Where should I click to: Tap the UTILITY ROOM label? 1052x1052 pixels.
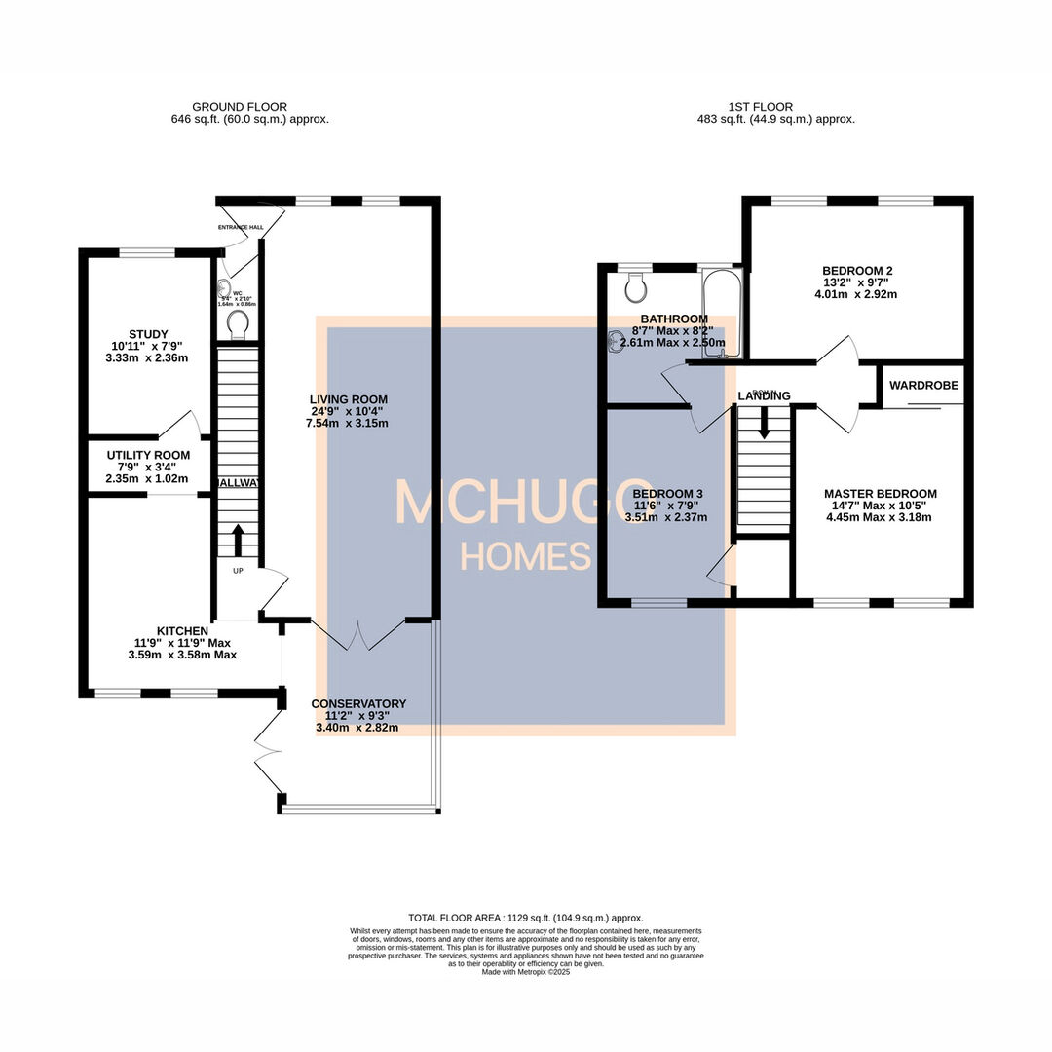(147, 455)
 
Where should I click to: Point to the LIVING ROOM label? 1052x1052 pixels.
(349, 399)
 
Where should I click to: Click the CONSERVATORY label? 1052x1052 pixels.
(358, 703)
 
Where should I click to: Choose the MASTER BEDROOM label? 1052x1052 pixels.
(880, 494)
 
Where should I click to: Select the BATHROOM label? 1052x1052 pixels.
(673, 319)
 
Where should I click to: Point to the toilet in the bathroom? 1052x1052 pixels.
(637, 285)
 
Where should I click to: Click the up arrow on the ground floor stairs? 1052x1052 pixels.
(238, 538)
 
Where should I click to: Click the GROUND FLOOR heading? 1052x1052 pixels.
(240, 107)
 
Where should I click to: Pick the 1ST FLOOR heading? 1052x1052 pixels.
(760, 107)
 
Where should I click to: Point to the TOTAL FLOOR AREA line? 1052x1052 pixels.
(526, 918)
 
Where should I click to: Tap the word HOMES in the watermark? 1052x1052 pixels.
(526, 557)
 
